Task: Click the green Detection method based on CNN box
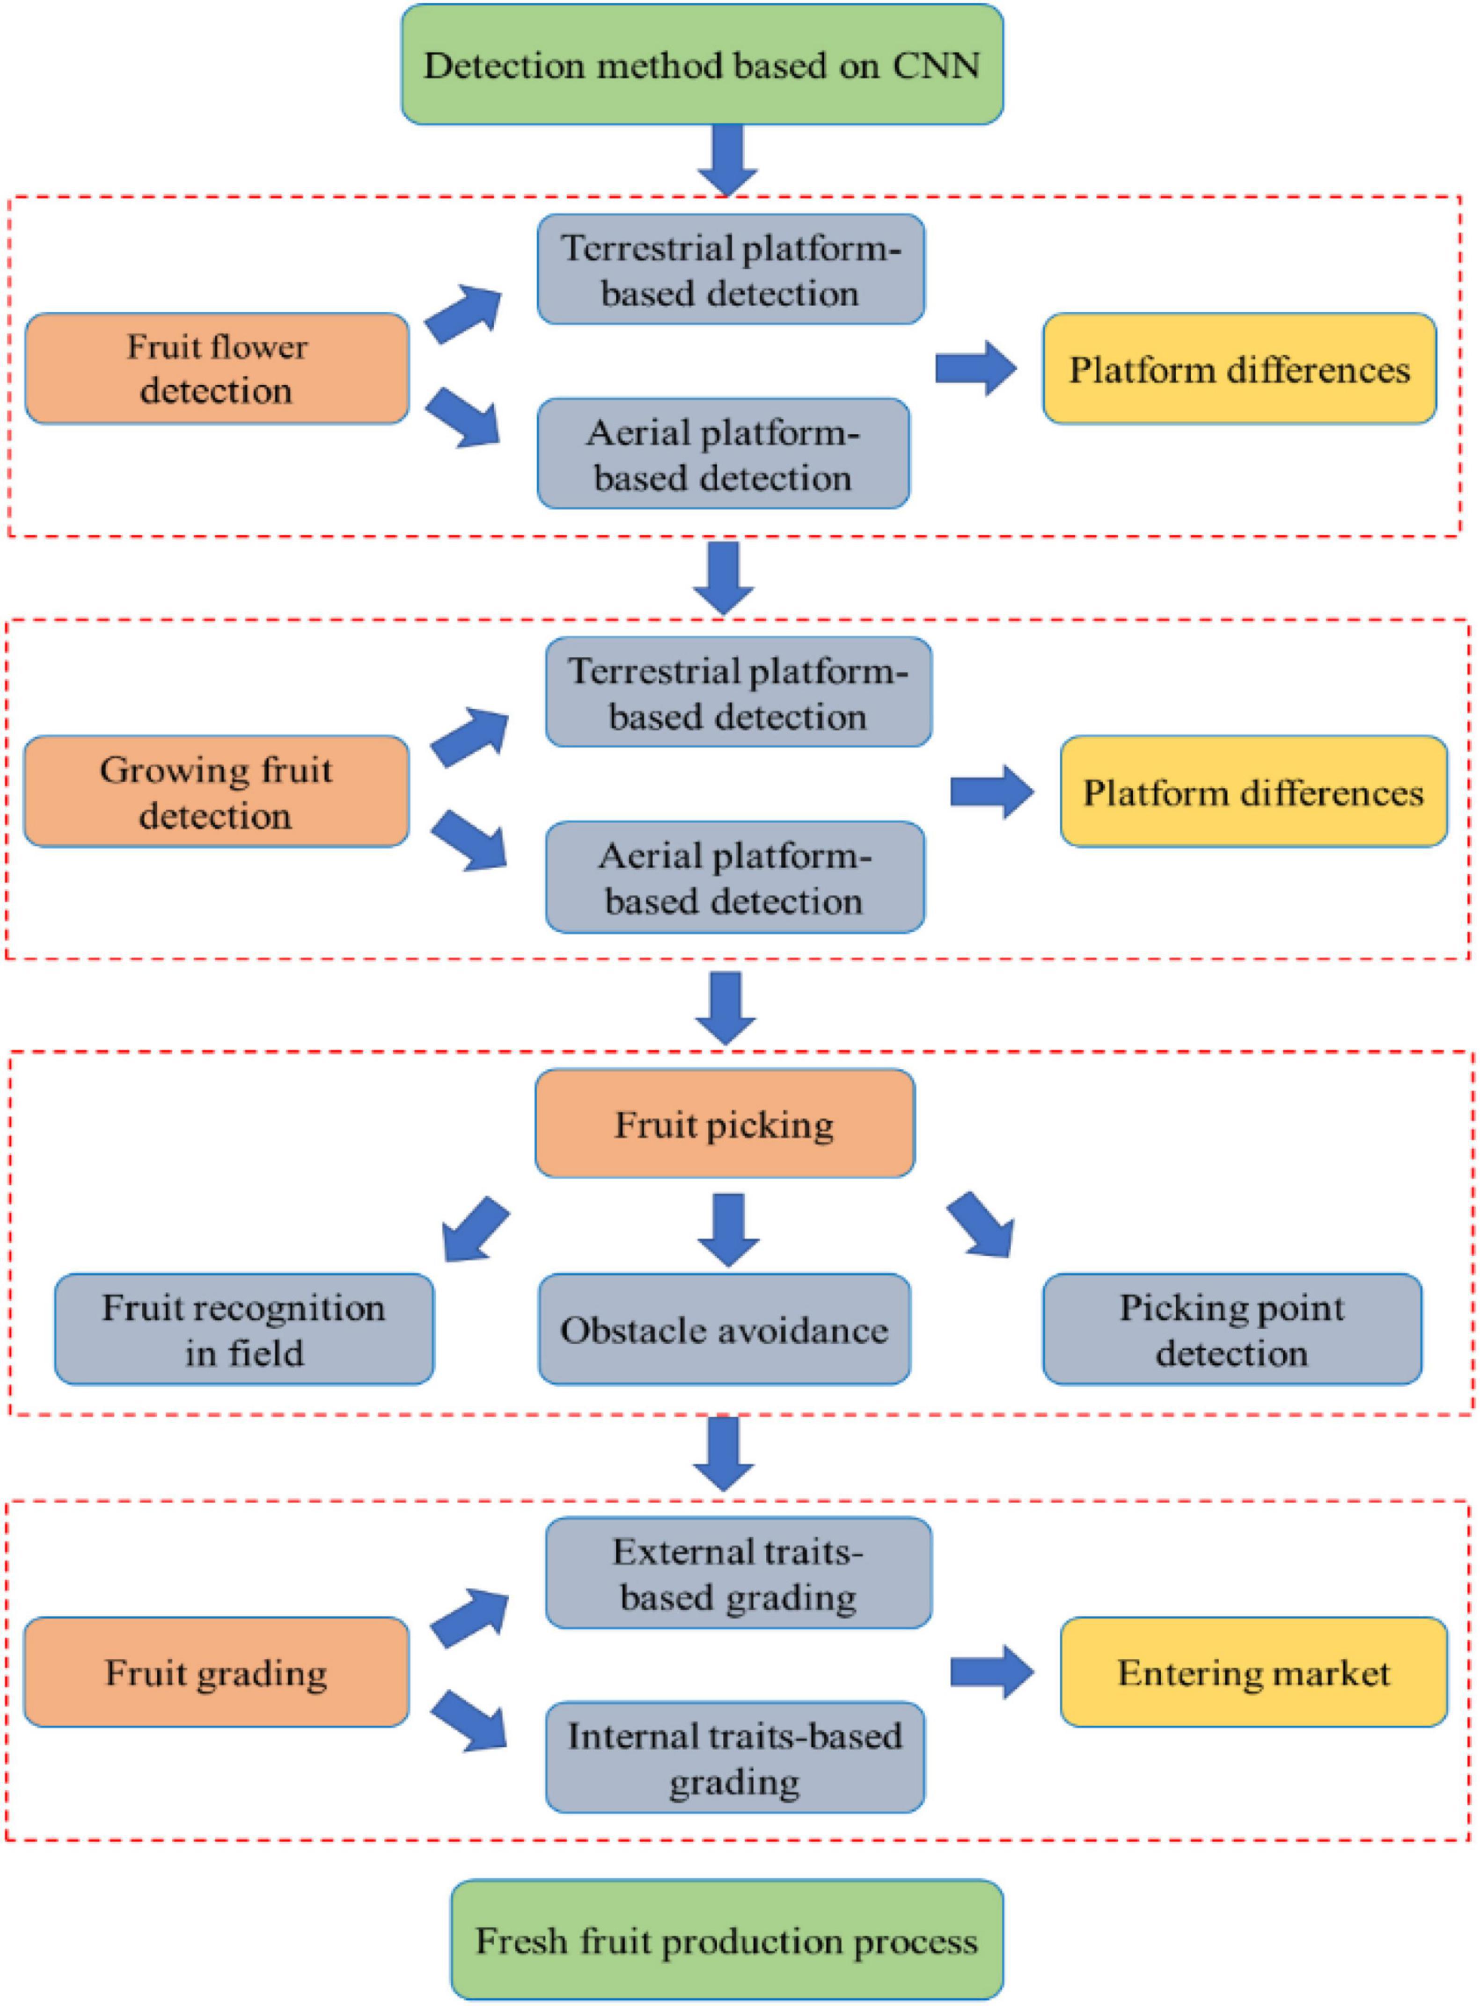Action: point(702,65)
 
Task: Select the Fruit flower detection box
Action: point(217,368)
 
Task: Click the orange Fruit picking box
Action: point(724,1123)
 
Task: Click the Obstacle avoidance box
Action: point(724,1330)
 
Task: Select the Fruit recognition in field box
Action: point(244,1330)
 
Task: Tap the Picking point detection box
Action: point(1232,1330)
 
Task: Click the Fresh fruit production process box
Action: point(726,1940)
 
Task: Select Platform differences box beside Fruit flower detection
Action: point(1239,368)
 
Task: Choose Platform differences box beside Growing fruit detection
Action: point(1253,792)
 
